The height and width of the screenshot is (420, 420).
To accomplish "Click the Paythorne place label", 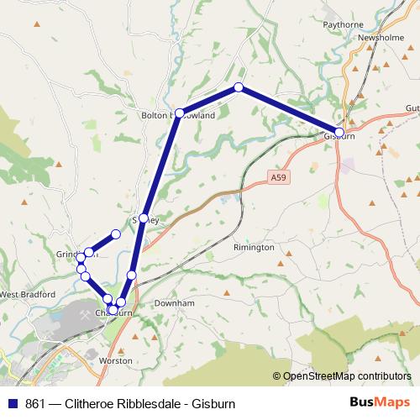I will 343,25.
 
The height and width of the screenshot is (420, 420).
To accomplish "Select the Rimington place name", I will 254,248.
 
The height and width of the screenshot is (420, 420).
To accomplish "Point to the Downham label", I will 175,302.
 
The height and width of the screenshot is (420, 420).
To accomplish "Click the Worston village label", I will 116,360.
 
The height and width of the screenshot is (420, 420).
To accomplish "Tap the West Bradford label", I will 27,295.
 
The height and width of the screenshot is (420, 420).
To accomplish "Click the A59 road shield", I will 279,177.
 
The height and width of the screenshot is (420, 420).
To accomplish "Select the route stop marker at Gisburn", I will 339,132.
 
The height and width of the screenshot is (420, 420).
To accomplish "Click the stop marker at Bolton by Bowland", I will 179,113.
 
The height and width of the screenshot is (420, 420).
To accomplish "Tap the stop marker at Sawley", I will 144,218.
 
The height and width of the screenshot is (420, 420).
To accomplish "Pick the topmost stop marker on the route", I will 239,87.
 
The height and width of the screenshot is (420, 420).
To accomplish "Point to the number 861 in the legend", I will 35,403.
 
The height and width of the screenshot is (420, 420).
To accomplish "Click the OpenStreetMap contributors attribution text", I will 346,376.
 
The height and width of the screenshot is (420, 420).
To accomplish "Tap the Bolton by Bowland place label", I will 179,116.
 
